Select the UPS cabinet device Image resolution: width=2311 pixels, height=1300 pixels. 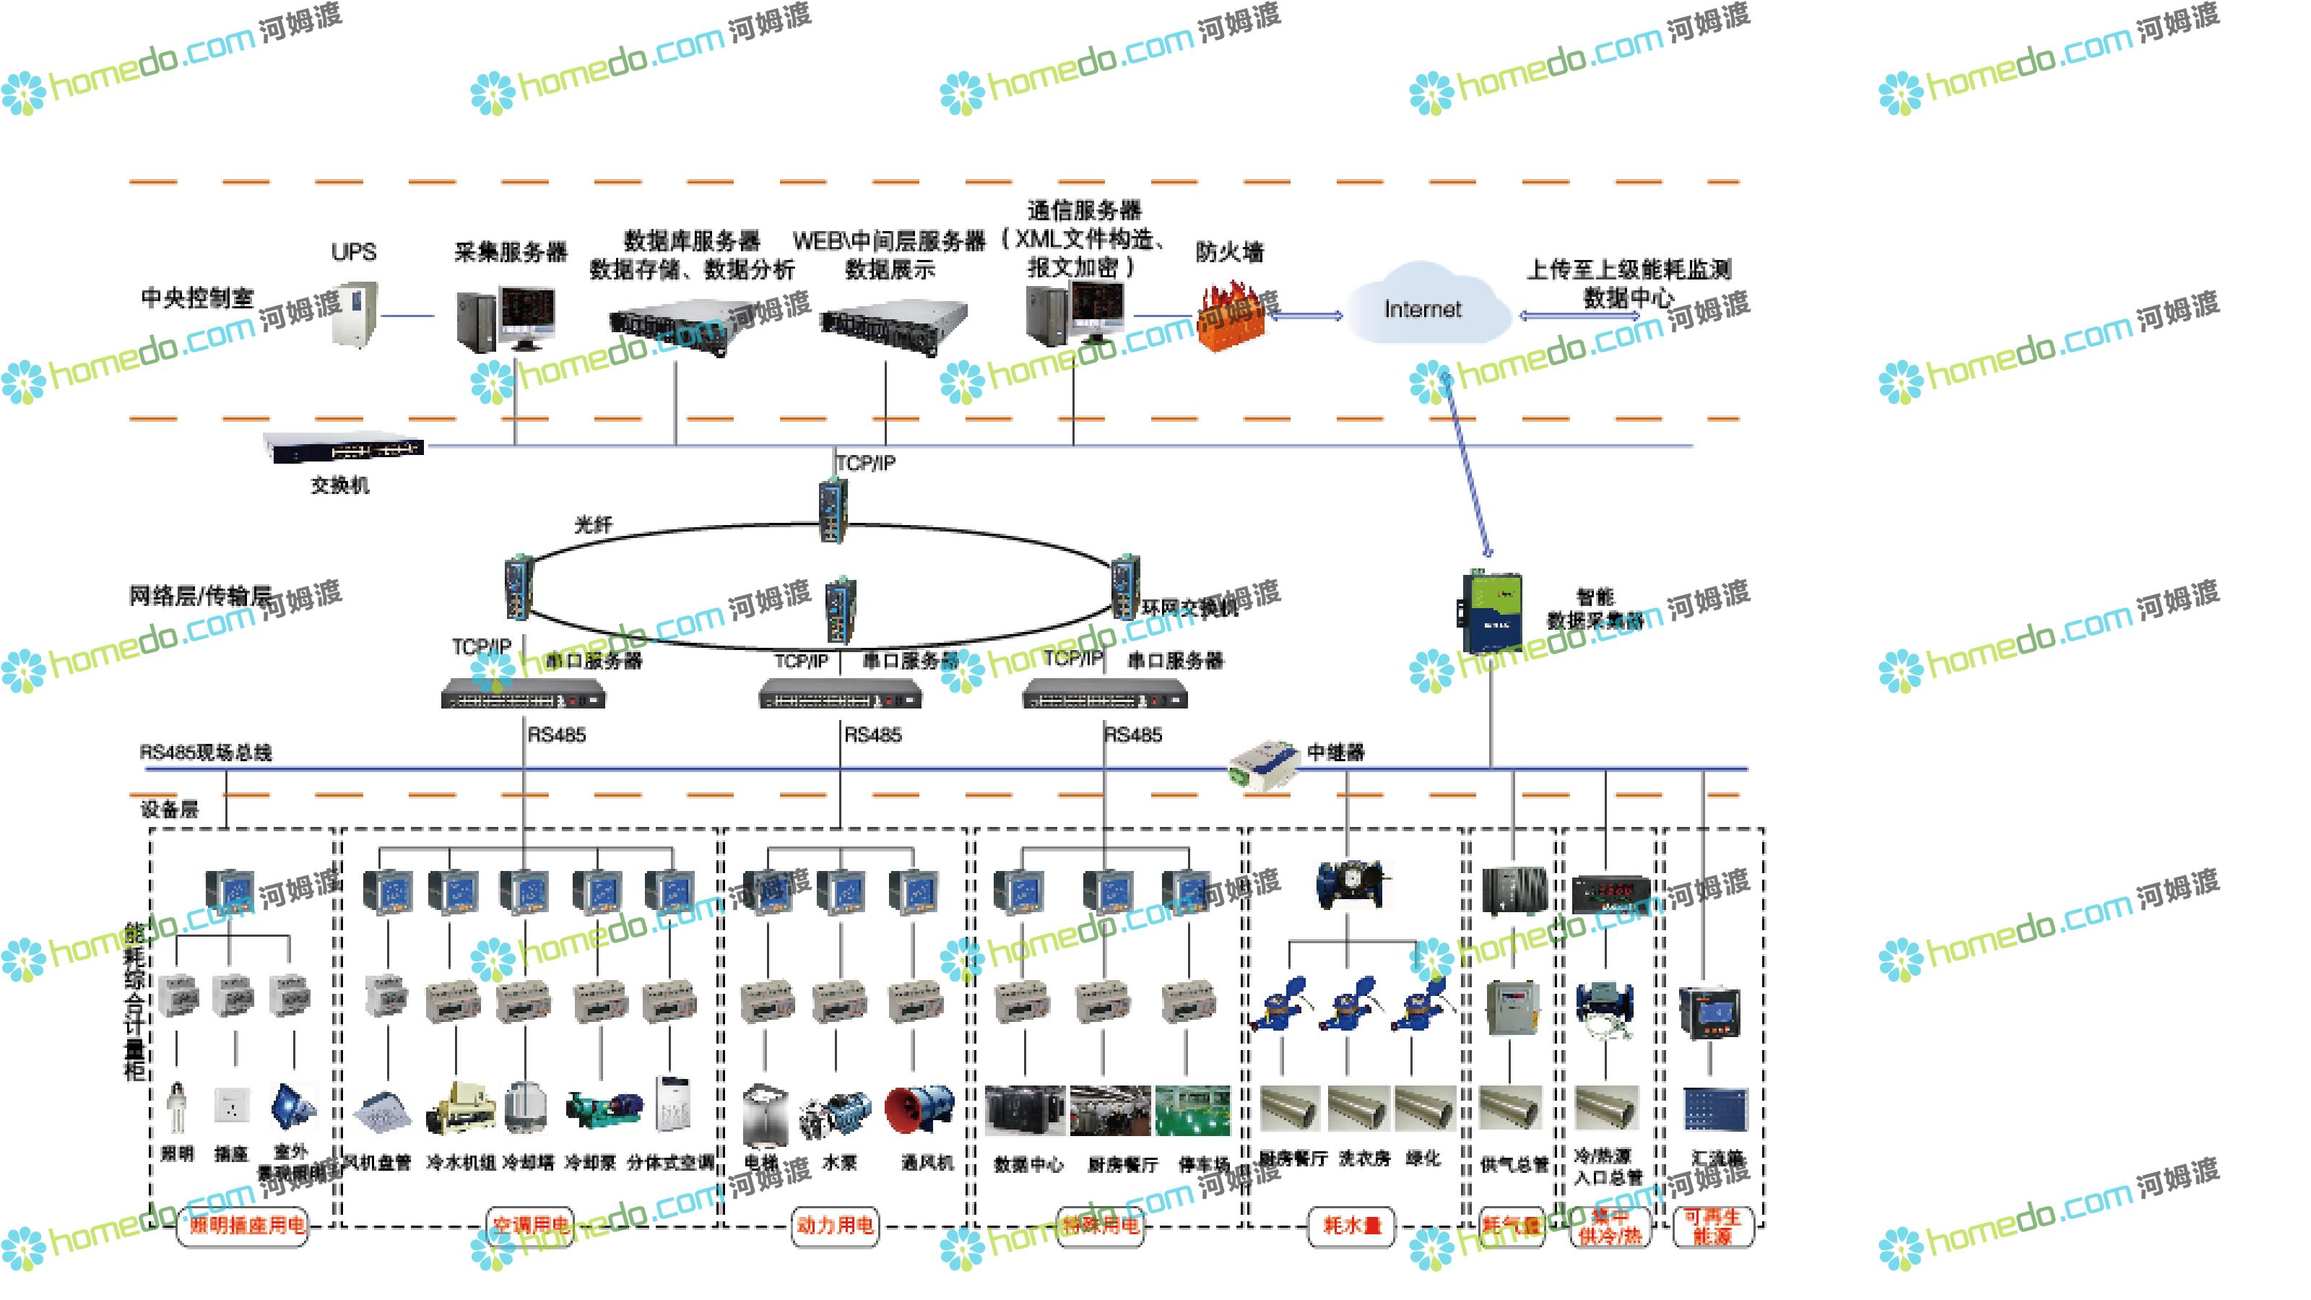355,313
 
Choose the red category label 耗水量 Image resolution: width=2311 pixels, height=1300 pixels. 1352,1225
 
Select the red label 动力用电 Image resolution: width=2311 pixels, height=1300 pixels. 834,1225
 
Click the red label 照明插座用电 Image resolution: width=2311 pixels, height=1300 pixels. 245,1225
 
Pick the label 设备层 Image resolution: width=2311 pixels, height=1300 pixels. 170,809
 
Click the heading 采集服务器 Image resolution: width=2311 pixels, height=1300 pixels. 511,252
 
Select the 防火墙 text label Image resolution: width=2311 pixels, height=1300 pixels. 1229,252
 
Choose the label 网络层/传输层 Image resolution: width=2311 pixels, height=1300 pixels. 200,596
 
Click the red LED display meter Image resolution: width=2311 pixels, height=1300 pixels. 1610,892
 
